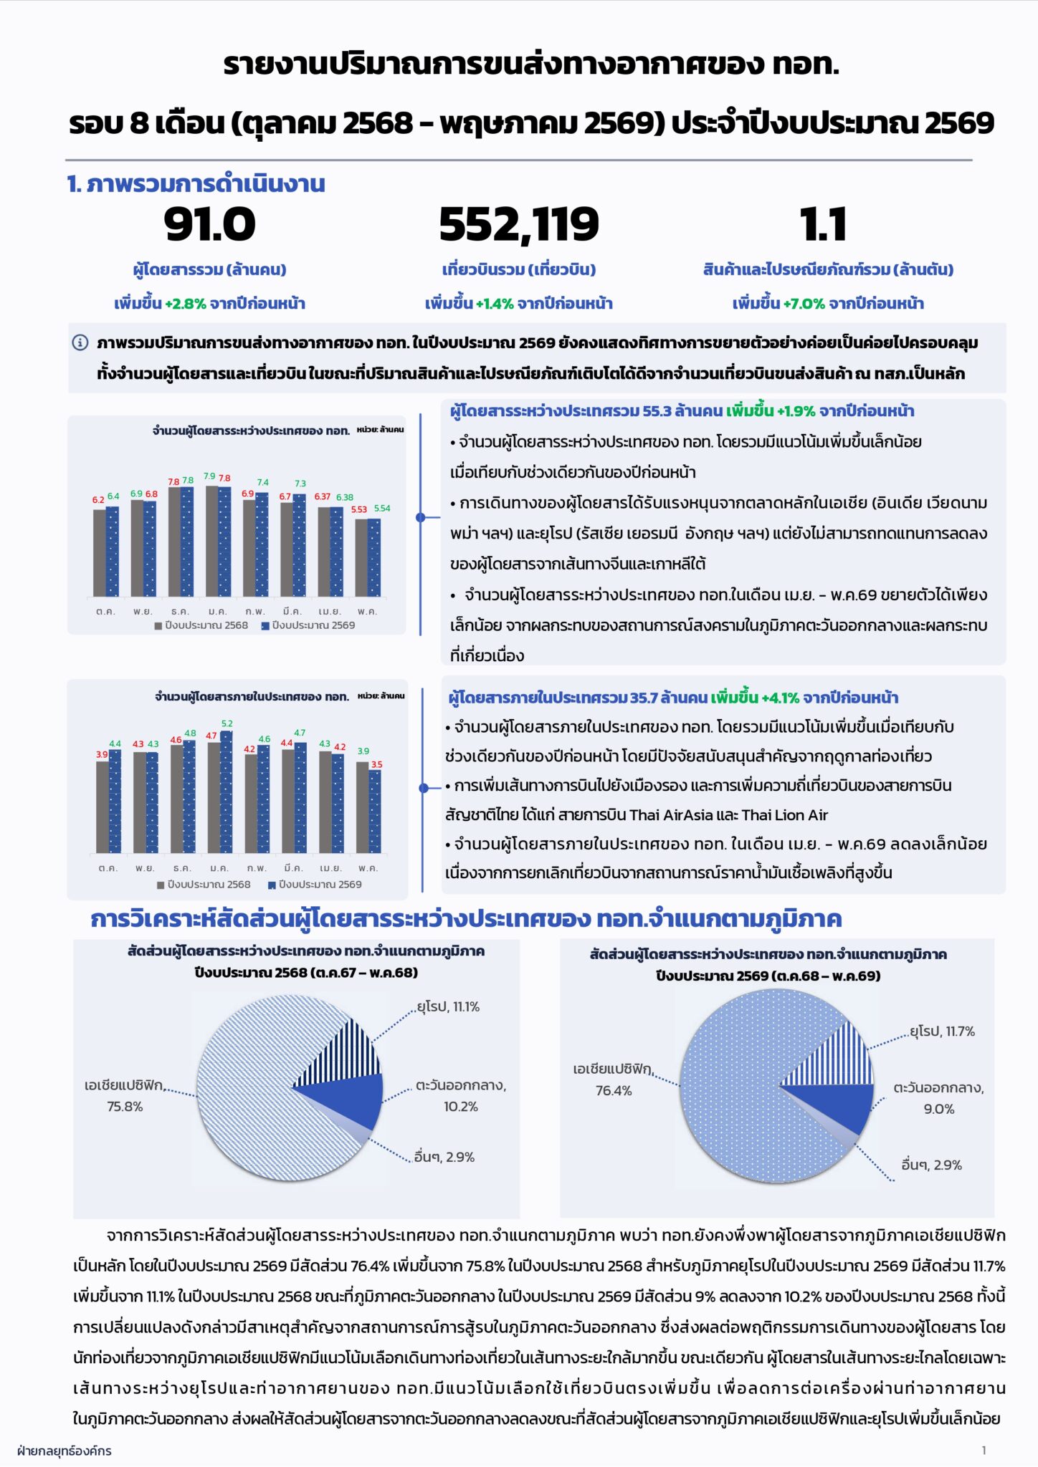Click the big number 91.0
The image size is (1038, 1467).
pyautogui.click(x=209, y=224)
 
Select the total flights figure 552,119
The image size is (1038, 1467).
pyautogui.click(x=519, y=225)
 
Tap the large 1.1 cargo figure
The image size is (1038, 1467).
pyautogui.click(x=823, y=224)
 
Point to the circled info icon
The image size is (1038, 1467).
pyautogui.click(x=80, y=342)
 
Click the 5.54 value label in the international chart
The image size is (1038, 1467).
pyautogui.click(x=382, y=509)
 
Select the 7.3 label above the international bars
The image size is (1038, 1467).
pyautogui.click(x=300, y=484)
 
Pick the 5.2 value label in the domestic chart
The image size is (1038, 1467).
pyautogui.click(x=227, y=724)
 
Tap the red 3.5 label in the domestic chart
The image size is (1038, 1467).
pyautogui.click(x=376, y=765)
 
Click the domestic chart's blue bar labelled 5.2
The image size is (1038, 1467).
pyautogui.click(x=227, y=792)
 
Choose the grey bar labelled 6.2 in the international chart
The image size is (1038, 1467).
pyautogui.click(x=100, y=552)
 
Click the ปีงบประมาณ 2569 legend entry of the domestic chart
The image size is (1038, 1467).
pyautogui.click(x=315, y=885)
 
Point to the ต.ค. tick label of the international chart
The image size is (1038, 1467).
pyautogui.click(x=105, y=612)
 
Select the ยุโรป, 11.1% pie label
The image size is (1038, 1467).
pyautogui.click(x=448, y=1007)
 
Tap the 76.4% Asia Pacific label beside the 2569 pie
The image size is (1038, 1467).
pyautogui.click(x=614, y=1091)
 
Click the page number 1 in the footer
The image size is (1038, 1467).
pyautogui.click(x=984, y=1451)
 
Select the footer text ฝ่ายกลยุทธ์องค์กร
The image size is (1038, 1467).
pyautogui.click(x=64, y=1451)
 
